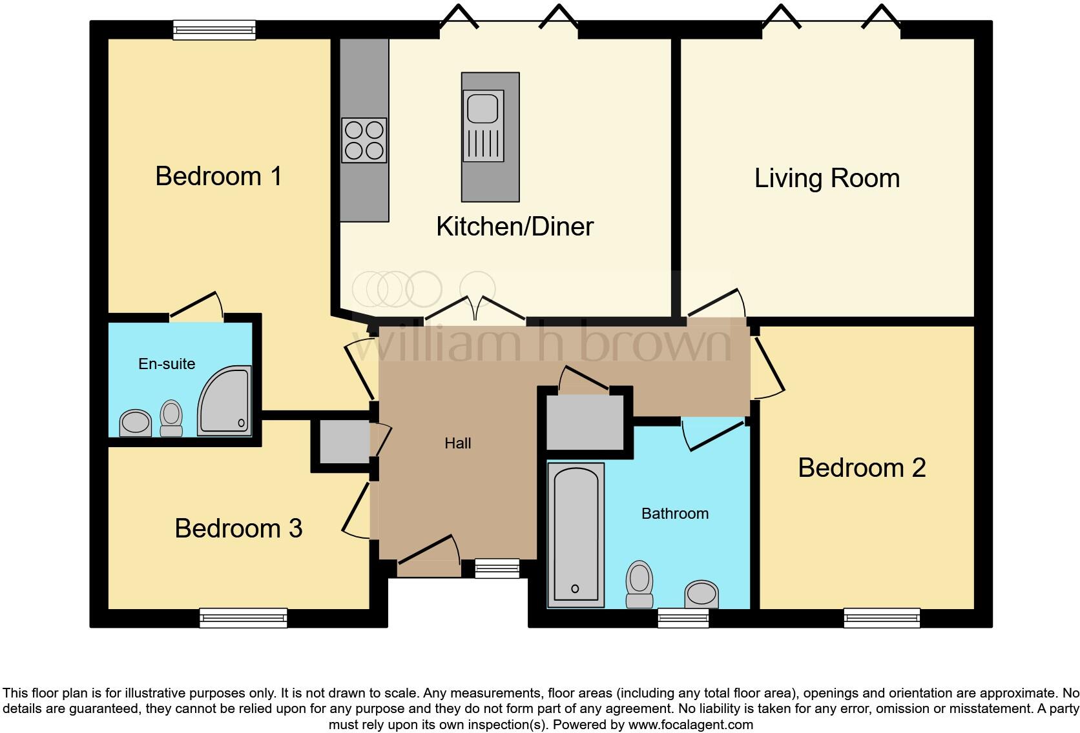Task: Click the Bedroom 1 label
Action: point(218,176)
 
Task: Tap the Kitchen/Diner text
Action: point(514,226)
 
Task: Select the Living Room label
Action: point(827,178)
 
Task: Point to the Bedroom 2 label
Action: point(862,468)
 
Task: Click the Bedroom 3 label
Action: point(238,528)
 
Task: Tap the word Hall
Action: point(457,443)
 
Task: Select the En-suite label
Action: point(167,364)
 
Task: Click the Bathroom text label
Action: point(674,514)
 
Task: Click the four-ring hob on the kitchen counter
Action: point(364,140)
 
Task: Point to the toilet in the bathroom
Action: point(639,584)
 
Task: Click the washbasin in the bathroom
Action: point(701,594)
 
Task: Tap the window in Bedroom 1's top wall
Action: point(214,30)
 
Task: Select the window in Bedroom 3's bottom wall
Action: point(244,618)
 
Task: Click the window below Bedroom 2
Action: point(882,618)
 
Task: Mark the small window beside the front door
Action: point(497,568)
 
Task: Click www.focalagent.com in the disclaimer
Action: point(691,725)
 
